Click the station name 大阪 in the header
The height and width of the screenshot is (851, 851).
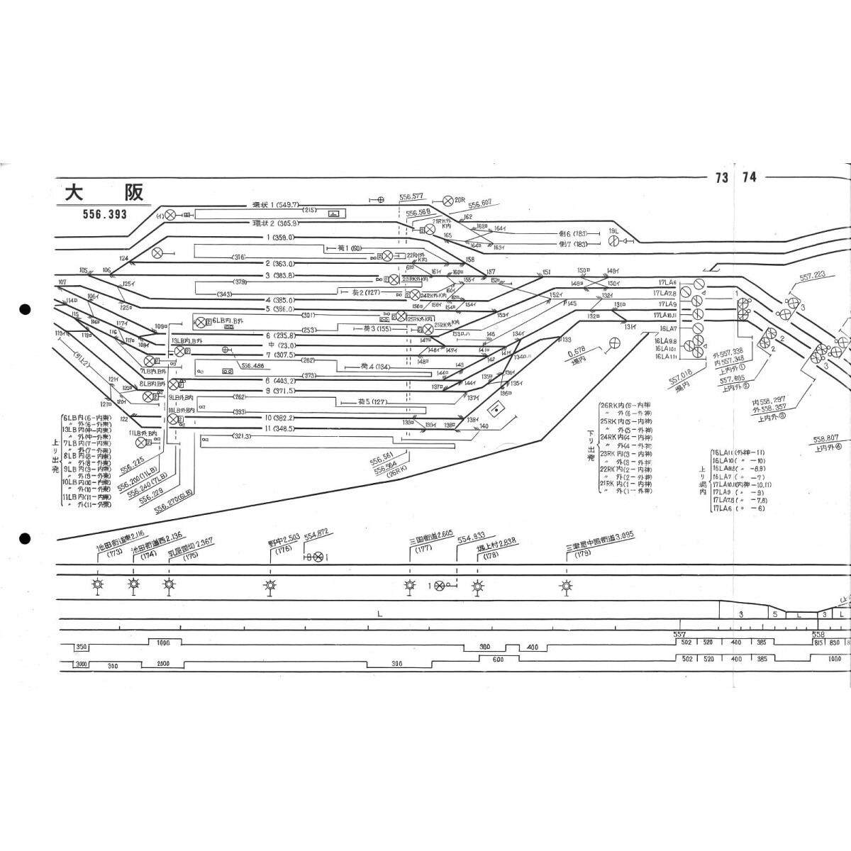click(104, 192)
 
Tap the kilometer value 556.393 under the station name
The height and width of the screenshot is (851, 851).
click(103, 214)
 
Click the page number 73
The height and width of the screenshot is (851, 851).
click(722, 177)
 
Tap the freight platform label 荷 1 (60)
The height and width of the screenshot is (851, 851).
click(347, 247)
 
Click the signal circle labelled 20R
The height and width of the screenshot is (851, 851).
click(447, 201)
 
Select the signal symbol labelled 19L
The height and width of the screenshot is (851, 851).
click(614, 242)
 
